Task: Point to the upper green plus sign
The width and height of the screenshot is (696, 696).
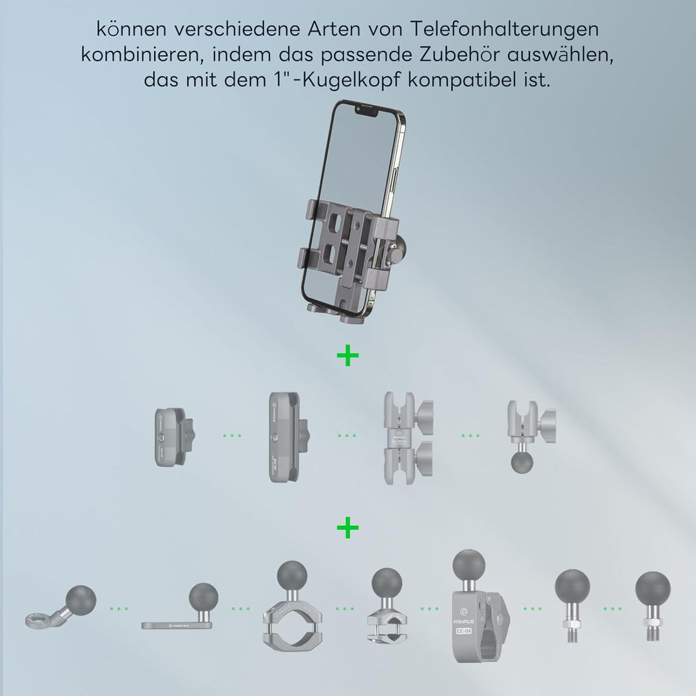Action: [x=347, y=355]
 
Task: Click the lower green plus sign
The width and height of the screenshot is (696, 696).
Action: [x=347, y=528]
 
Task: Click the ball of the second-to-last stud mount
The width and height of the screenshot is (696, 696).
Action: [x=572, y=587]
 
